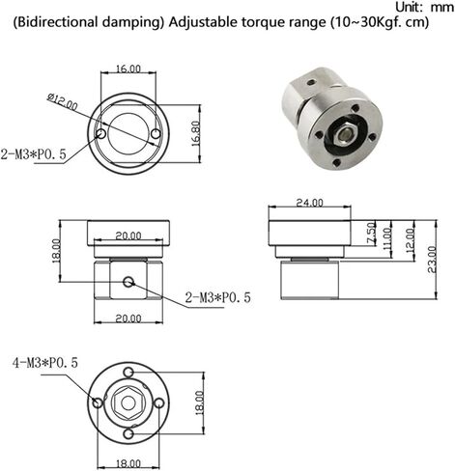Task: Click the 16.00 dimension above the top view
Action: (x=128, y=69)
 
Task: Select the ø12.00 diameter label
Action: (x=63, y=101)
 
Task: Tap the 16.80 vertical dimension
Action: (x=196, y=134)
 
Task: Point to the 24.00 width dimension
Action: (x=309, y=203)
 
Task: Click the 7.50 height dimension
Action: (x=371, y=233)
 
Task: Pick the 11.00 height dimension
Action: (x=387, y=239)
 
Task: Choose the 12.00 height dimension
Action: (x=411, y=240)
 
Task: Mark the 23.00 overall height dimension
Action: (x=432, y=260)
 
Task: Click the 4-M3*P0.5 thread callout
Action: (x=45, y=363)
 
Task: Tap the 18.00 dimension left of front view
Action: (x=56, y=251)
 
